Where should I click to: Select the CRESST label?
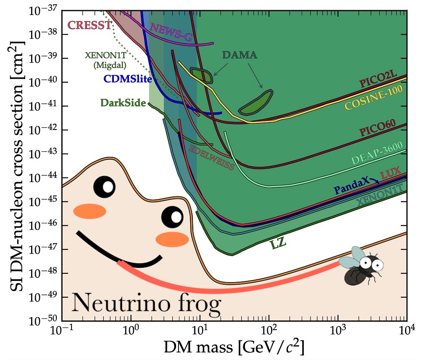coord(89,25)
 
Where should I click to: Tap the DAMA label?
coord(240,55)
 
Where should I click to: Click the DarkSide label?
coord(123,103)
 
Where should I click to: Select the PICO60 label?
coord(383,128)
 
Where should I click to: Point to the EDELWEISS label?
coord(211,157)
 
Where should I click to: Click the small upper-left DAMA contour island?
coord(202,74)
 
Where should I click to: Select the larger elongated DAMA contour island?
coord(256,103)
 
